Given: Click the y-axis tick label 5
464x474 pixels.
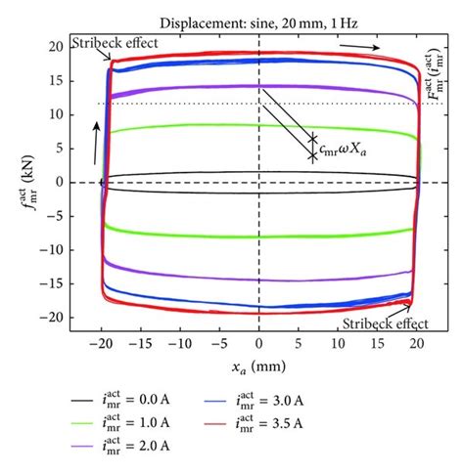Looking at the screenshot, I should click(60, 149).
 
